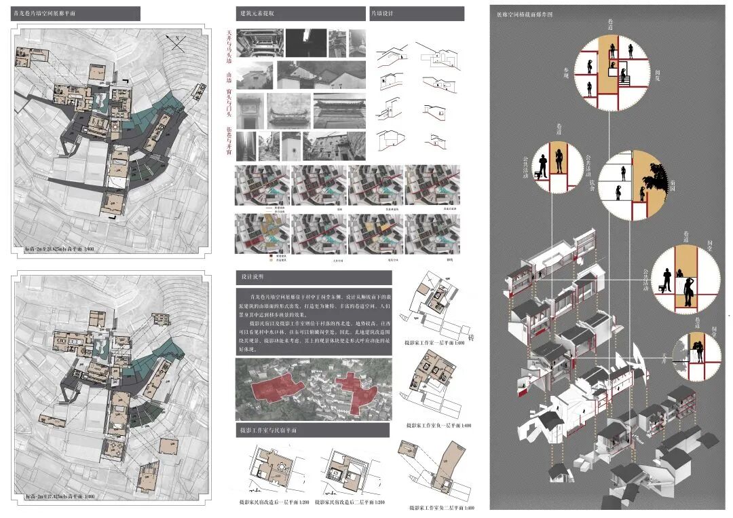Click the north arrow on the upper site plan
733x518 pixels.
(178, 44)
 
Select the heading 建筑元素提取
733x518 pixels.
(257, 14)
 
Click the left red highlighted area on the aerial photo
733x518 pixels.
(271, 388)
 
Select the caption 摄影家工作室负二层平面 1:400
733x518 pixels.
(438, 426)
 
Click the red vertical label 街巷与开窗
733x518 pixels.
(229, 141)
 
